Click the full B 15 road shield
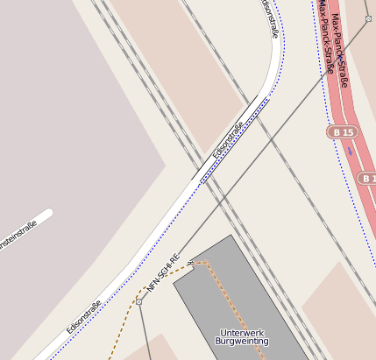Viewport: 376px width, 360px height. coord(343,132)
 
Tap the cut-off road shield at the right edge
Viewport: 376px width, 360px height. coord(368,179)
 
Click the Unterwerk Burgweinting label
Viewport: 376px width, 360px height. coord(241,336)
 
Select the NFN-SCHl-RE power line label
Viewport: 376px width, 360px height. coord(163,272)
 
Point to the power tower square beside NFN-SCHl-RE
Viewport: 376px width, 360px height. coord(138,301)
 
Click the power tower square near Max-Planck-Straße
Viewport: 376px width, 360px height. coord(368,18)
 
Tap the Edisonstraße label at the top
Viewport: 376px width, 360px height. coord(271,19)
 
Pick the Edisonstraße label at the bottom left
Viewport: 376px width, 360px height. coord(84,317)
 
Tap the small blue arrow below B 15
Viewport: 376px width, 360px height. coord(351,151)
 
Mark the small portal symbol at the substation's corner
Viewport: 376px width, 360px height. coord(190,262)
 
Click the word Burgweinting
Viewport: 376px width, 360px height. coord(241,342)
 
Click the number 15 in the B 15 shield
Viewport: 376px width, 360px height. coord(348,132)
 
